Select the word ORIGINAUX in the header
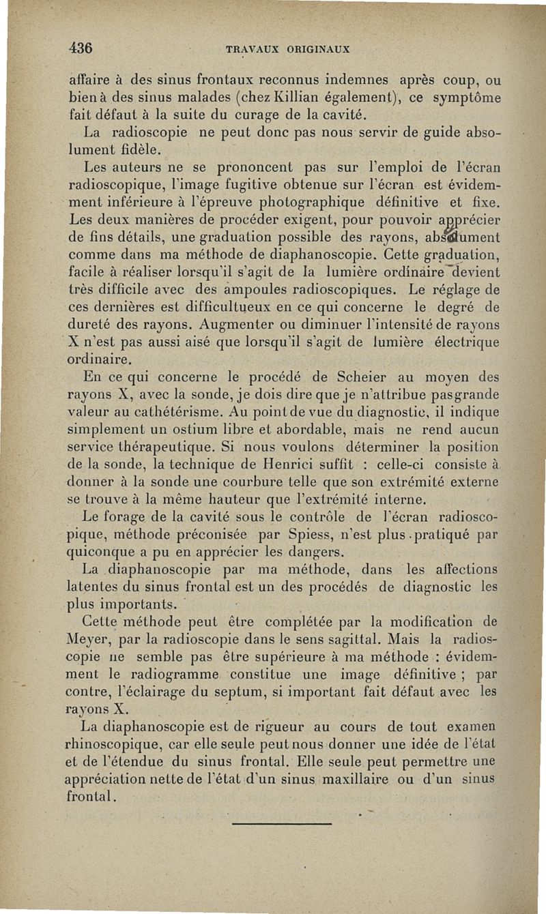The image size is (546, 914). (318, 50)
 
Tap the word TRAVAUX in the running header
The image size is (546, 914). (251, 50)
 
